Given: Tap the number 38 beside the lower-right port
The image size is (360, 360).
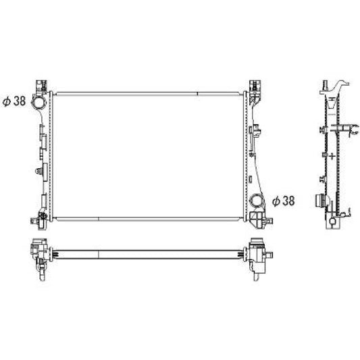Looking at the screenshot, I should tap(289, 201).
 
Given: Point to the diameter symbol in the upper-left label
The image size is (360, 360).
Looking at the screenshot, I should tap(6, 102).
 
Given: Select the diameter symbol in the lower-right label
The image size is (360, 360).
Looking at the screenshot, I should tap(276, 201).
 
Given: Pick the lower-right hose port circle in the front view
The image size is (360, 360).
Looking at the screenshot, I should tap(257, 201).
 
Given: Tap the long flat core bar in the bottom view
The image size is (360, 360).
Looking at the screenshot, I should tap(149, 253).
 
